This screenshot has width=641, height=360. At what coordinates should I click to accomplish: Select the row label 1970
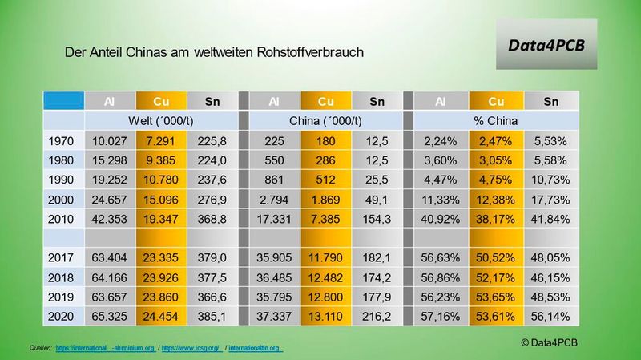pos(62,140)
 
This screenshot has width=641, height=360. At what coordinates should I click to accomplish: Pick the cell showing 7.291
pos(162,140)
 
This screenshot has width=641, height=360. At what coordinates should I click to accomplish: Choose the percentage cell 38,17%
pos(494,217)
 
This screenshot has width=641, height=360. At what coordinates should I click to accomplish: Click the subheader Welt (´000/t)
pos(162,120)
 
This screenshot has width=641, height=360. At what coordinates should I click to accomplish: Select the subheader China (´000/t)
pos(325,120)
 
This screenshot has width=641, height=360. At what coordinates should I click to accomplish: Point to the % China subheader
pos(494,120)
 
